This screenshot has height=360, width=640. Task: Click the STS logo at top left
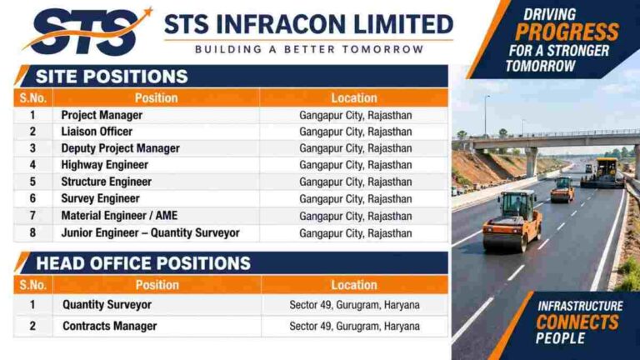(x=87, y=32)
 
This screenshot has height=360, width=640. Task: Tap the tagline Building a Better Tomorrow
(x=309, y=49)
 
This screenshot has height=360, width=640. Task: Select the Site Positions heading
(x=112, y=77)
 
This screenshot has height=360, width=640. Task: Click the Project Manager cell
(x=102, y=115)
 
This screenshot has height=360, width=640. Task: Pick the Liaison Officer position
(x=97, y=132)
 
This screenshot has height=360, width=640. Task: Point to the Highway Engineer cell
(x=104, y=165)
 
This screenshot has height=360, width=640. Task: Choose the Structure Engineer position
(x=106, y=182)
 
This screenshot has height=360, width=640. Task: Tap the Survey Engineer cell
(x=100, y=198)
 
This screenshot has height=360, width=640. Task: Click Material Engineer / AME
(x=119, y=216)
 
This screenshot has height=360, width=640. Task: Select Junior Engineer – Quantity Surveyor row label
(x=150, y=232)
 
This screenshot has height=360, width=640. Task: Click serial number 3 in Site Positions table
(x=32, y=148)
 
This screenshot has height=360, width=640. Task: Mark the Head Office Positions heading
(x=143, y=263)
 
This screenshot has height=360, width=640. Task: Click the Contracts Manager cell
(x=109, y=326)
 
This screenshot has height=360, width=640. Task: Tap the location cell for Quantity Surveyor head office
(x=354, y=305)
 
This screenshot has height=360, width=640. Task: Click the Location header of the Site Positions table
(x=354, y=98)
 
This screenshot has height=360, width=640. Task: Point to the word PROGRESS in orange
(x=567, y=32)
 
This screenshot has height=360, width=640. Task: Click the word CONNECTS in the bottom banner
(x=577, y=322)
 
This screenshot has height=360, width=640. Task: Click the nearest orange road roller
(x=512, y=221)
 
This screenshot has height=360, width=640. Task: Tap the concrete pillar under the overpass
(x=531, y=162)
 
